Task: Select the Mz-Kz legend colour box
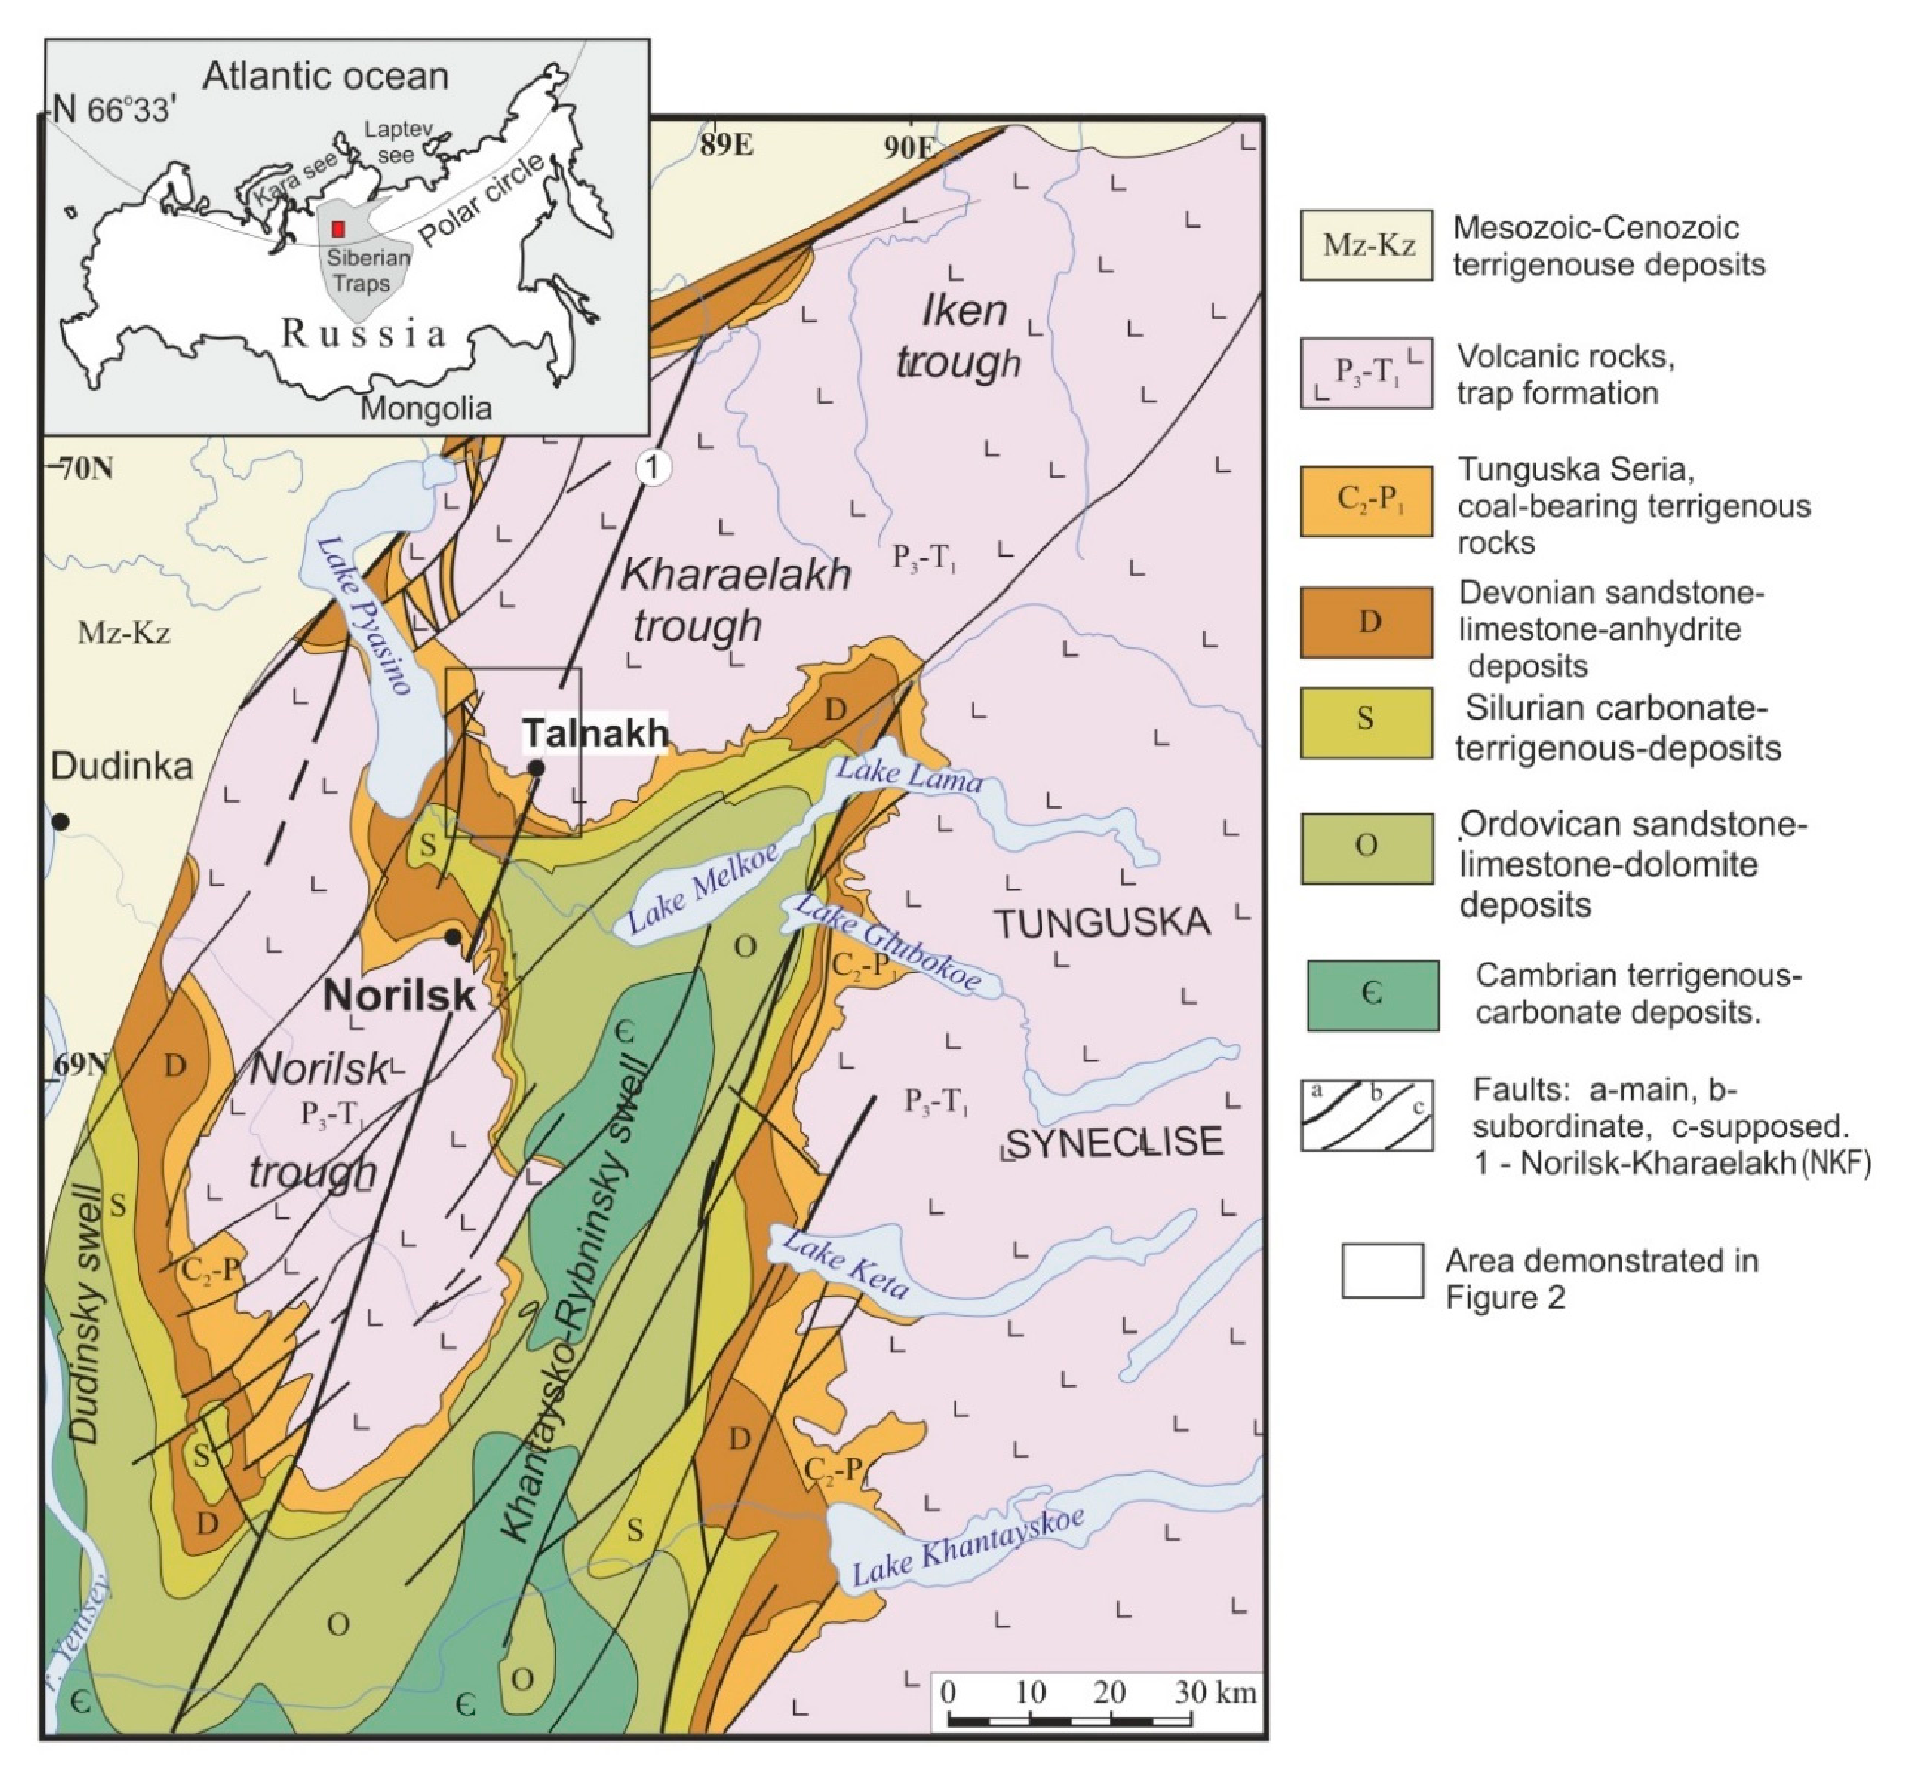(1365, 245)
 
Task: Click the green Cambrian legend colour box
(1372, 995)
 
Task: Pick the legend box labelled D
(1365, 622)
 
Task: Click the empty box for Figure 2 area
(1382, 1271)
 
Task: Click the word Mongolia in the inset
(425, 409)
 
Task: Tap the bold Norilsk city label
(399, 995)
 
